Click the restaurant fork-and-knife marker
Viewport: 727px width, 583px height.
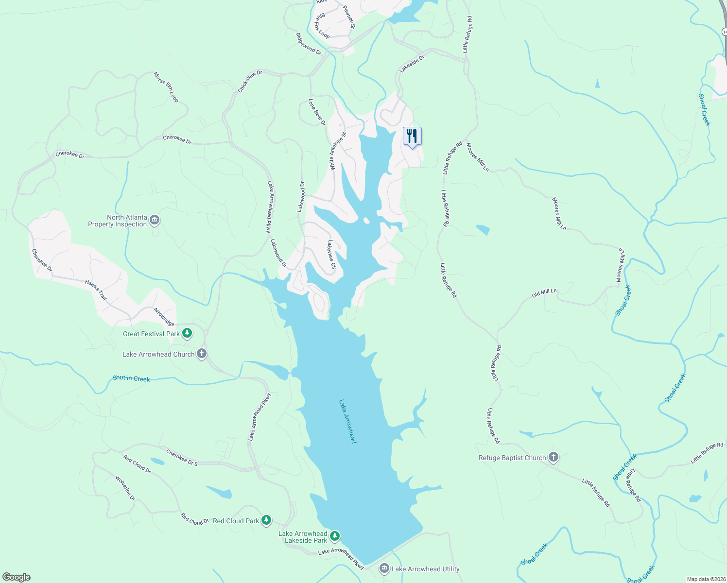click(412, 136)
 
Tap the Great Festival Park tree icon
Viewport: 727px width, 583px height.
click(187, 333)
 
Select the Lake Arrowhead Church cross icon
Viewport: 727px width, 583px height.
click(202, 354)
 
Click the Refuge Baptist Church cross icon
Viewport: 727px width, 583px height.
click(553, 457)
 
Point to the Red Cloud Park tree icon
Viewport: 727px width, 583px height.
click(266, 520)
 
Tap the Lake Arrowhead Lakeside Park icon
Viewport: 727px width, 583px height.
click(334, 536)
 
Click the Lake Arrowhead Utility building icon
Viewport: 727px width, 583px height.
click(384, 568)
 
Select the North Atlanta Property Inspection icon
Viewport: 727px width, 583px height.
click(155, 221)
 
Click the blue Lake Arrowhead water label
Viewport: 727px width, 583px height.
click(348, 421)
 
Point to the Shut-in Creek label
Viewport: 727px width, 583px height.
click(131, 378)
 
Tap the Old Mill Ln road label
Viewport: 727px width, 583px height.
click(544, 293)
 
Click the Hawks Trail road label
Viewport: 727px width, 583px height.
click(96, 290)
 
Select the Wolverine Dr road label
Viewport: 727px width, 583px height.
click(125, 488)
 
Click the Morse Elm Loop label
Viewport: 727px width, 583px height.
click(166, 87)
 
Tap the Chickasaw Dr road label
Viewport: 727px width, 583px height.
click(250, 81)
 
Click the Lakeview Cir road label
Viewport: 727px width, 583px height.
click(331, 254)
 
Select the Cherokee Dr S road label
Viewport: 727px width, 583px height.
click(182, 458)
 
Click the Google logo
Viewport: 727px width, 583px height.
click(17, 577)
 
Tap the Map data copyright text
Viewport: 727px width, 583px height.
click(706, 579)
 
